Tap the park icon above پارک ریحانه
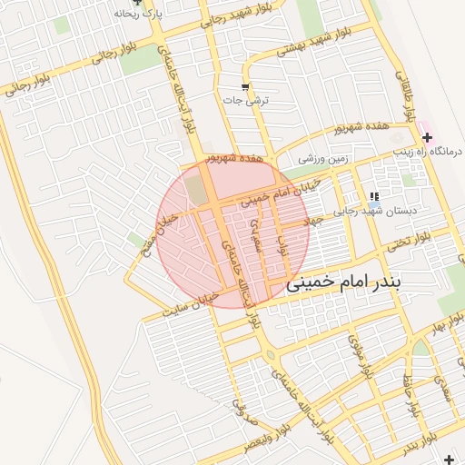[x=137, y=3]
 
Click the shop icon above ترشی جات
[x=244, y=87]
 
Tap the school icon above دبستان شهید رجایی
[x=373, y=196]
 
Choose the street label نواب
[x=282, y=238]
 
